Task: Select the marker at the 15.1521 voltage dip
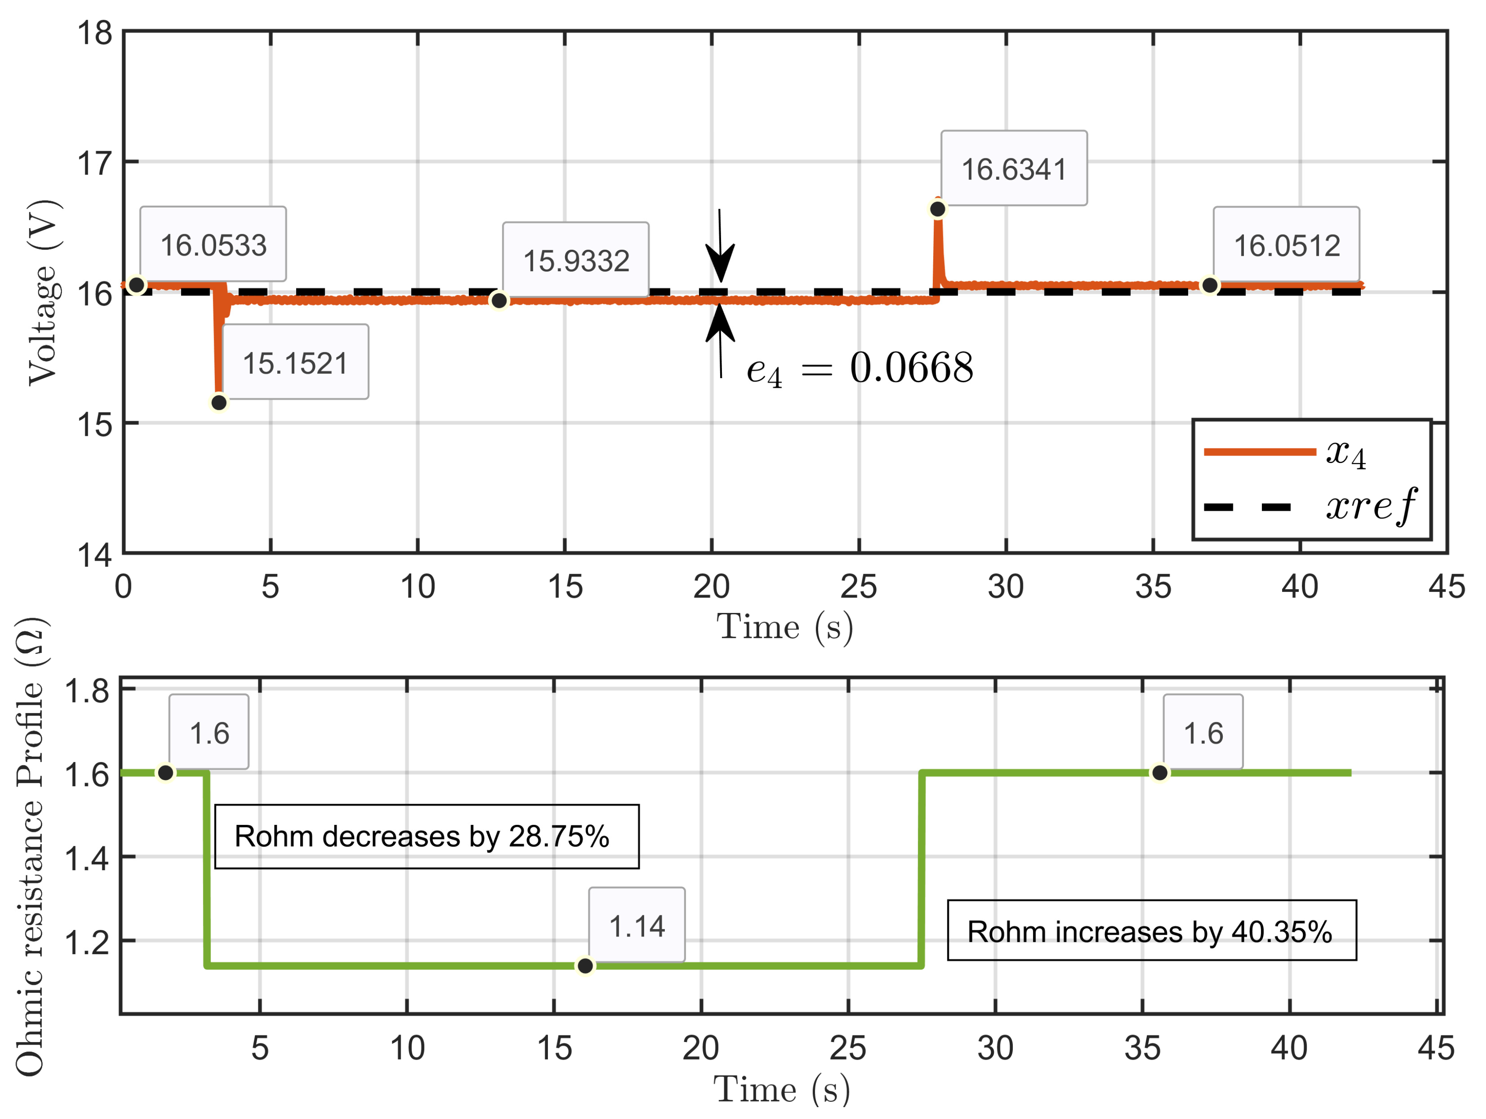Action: click(x=219, y=403)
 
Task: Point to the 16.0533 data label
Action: click(x=213, y=244)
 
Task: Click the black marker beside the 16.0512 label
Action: click(x=1209, y=285)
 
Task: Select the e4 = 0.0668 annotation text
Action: click(x=859, y=368)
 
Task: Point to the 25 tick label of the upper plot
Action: click(x=859, y=587)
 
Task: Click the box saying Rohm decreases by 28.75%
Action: click(x=427, y=836)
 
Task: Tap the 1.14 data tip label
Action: click(x=636, y=926)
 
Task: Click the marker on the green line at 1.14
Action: click(x=585, y=966)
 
